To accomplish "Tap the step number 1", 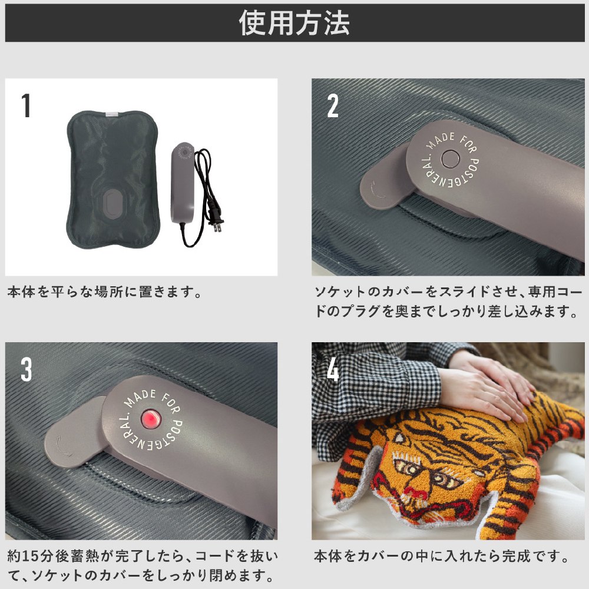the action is click(26, 105).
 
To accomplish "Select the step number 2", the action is click(332, 105).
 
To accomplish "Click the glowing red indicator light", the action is click(151, 419).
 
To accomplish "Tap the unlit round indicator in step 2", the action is click(450, 159).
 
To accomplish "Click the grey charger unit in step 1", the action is click(183, 183).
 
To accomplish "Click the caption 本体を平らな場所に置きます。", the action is click(105, 292).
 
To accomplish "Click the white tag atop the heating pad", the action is click(112, 112).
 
